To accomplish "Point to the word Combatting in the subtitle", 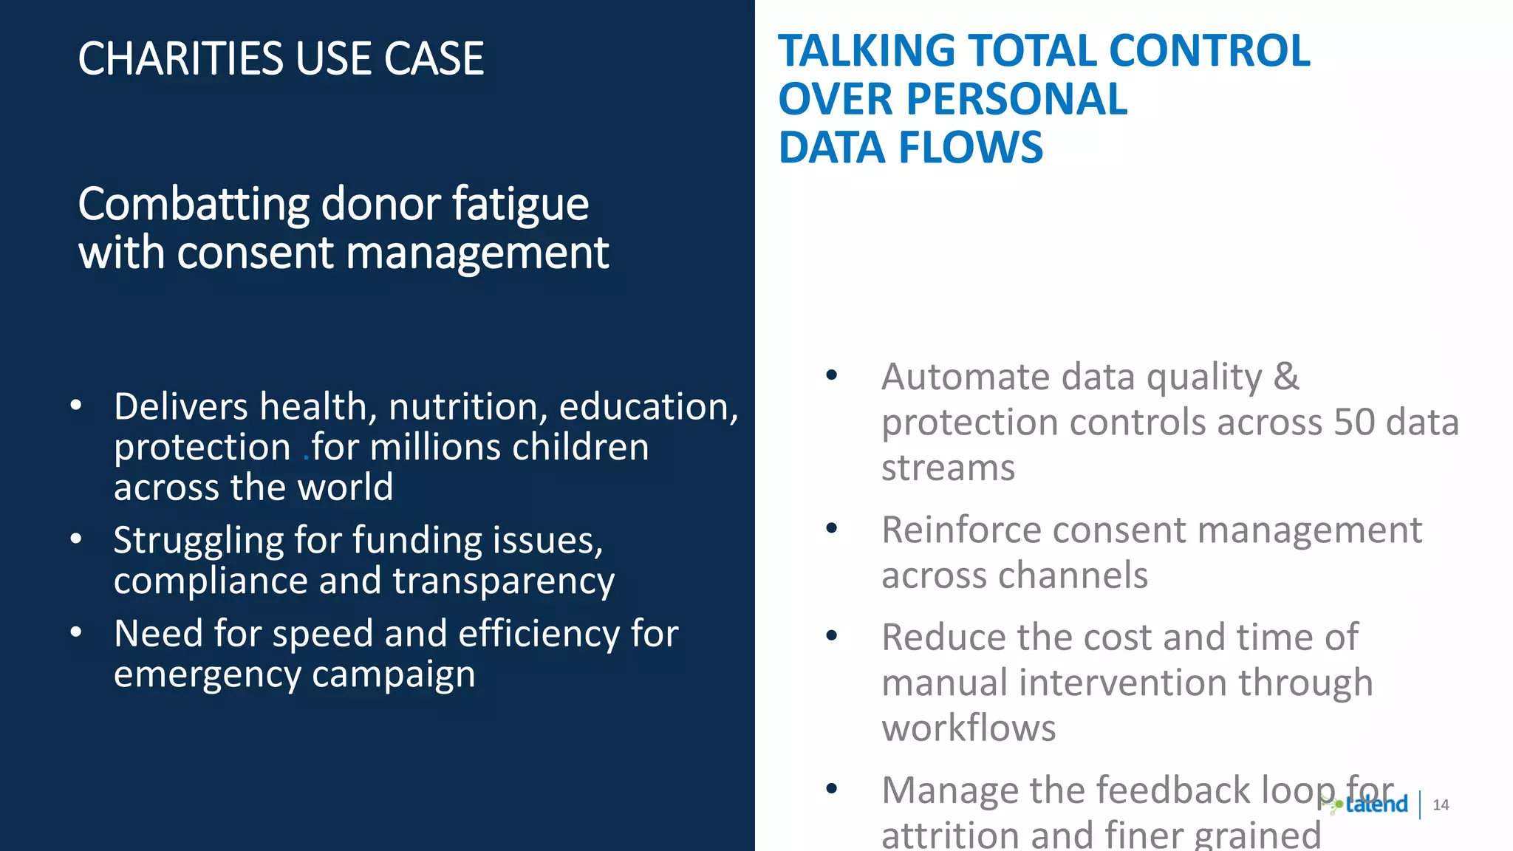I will pyautogui.click(x=194, y=205).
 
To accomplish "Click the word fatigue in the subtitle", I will pyautogui.click(x=521, y=205).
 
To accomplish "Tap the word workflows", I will pyautogui.click(x=969, y=728).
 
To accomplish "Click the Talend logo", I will pyautogui.click(x=1367, y=804).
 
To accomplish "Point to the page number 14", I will pyautogui.click(x=1441, y=805).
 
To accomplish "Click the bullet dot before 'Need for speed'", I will pyautogui.click(x=76, y=633).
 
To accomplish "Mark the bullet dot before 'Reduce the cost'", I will pyautogui.click(x=832, y=635).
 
